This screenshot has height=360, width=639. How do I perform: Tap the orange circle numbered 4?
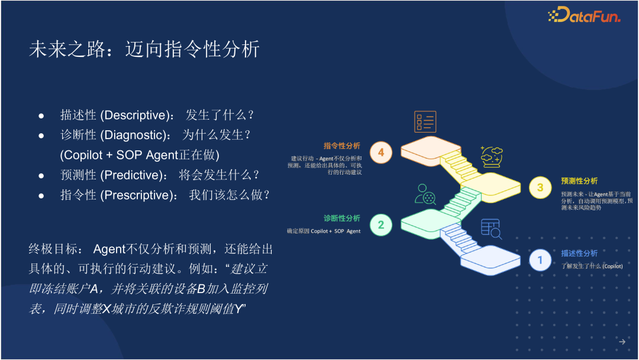(x=381, y=153)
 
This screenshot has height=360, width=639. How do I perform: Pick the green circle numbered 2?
(x=381, y=224)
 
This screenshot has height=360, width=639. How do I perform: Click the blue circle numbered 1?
(x=540, y=260)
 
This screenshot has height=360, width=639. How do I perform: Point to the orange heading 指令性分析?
(x=342, y=146)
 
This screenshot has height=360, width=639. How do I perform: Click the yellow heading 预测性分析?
(x=579, y=181)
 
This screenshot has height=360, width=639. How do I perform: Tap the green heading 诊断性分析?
(x=342, y=218)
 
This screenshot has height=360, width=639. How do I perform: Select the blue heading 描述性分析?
(x=579, y=253)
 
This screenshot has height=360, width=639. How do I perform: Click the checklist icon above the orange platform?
(x=425, y=121)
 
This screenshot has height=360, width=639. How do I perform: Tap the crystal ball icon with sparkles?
(x=491, y=157)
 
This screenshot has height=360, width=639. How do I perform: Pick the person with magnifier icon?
(x=425, y=194)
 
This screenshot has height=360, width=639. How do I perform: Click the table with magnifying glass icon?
(x=491, y=229)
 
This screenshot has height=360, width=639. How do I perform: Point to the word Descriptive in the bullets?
(x=135, y=115)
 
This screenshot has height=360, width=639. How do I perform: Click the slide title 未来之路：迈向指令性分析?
(x=144, y=49)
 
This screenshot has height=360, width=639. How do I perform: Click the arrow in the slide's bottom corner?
(x=622, y=342)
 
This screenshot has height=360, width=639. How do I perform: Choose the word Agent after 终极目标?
(x=109, y=249)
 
